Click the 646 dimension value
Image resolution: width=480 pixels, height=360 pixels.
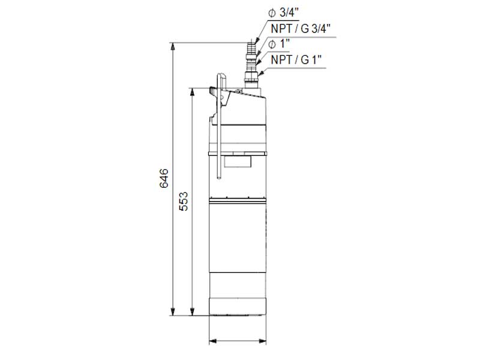(x=164, y=178)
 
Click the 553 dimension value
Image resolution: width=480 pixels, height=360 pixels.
(x=184, y=201)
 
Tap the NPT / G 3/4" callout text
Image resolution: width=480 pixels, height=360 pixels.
(x=301, y=29)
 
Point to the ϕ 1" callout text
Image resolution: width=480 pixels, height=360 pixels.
(x=279, y=44)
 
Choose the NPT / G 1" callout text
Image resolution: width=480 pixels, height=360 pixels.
(x=296, y=59)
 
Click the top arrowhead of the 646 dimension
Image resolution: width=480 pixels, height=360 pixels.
(x=173, y=46)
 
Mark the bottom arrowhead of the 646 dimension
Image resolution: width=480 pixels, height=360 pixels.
(x=173, y=311)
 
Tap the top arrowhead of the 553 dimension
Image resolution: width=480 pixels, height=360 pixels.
(x=192, y=92)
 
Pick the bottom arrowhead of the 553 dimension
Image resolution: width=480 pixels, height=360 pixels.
(x=192, y=311)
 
